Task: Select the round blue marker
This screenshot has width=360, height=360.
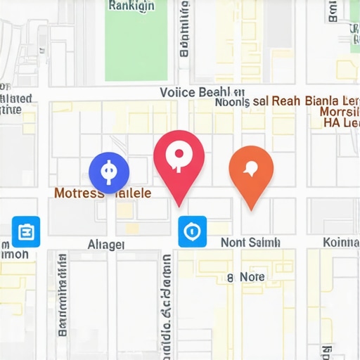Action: pyautogui.click(x=108, y=172)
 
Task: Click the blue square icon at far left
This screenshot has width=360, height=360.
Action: pyautogui.click(x=26, y=231)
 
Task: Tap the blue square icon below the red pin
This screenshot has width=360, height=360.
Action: pyautogui.click(x=192, y=231)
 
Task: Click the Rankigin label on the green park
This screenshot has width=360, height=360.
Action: pyautogui.click(x=131, y=6)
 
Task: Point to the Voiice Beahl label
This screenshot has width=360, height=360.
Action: pyautogui.click(x=194, y=92)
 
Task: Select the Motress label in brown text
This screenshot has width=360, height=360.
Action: pyautogui.click(x=79, y=192)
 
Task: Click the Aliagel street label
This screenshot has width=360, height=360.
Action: pyautogui.click(x=106, y=244)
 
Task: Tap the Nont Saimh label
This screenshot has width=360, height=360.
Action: pyautogui.click(x=250, y=242)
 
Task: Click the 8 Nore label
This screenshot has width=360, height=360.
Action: pyautogui.click(x=246, y=277)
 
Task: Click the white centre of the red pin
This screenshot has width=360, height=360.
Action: pyautogui.click(x=179, y=154)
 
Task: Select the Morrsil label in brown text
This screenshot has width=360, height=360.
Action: pyautogui.click(x=340, y=112)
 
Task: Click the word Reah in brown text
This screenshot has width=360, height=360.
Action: pyautogui.click(x=287, y=101)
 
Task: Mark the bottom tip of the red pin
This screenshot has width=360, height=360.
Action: pyautogui.click(x=179, y=205)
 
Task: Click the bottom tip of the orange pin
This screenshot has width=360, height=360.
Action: pyautogui.click(x=251, y=210)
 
